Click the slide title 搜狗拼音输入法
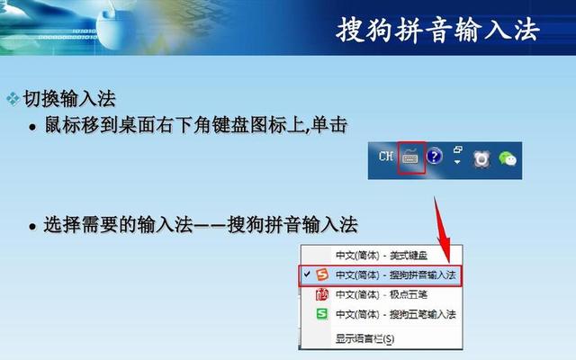pyautogui.click(x=437, y=29)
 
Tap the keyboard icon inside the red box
pyautogui.click(x=410, y=157)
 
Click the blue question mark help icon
pyautogui.click(x=434, y=157)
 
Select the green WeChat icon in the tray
pyautogui.click(x=509, y=158)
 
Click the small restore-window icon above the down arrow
pyautogui.click(x=457, y=149)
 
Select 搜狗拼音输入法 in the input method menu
pyautogui.click(x=396, y=274)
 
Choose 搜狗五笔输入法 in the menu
pyautogui.click(x=396, y=314)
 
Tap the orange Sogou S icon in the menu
pyautogui.click(x=322, y=274)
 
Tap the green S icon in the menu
pyautogui.click(x=322, y=314)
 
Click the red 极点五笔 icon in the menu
pyautogui.click(x=322, y=294)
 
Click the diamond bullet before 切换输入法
pyautogui.click(x=13, y=96)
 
